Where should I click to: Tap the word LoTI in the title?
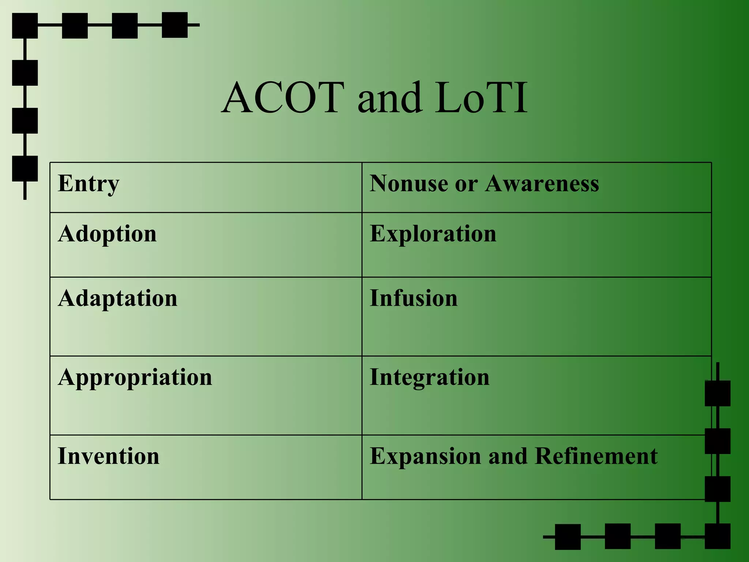pyautogui.click(x=481, y=98)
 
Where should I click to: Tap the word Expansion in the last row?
pyautogui.click(x=425, y=457)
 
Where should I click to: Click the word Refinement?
pyautogui.click(x=596, y=456)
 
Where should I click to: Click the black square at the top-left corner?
pyautogui.click(x=25, y=26)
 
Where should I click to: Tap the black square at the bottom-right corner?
pyautogui.click(x=718, y=536)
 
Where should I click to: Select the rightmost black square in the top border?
pyautogui.click(x=175, y=25)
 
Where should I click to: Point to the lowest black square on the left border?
pyautogui.click(x=25, y=169)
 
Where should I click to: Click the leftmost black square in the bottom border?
pyautogui.click(x=568, y=537)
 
